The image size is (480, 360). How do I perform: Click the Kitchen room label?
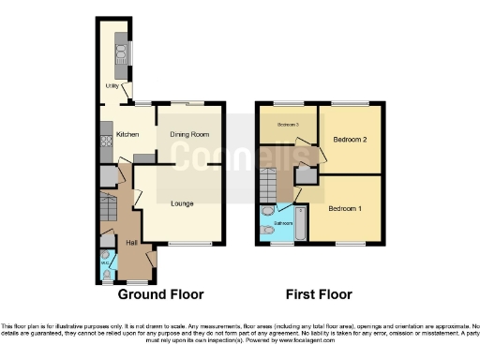click(x=127, y=134)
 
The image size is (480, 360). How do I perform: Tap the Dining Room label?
click(x=188, y=134)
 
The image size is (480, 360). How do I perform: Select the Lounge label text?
click(x=182, y=202)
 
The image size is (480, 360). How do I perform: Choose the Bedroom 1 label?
click(x=344, y=208)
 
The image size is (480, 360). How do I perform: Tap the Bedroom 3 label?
click(x=287, y=124)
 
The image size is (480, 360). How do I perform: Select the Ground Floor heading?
click(x=160, y=294)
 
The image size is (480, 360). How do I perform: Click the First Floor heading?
click(x=319, y=294)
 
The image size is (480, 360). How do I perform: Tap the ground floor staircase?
click(x=109, y=204)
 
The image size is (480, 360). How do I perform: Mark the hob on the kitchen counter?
click(x=104, y=142)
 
